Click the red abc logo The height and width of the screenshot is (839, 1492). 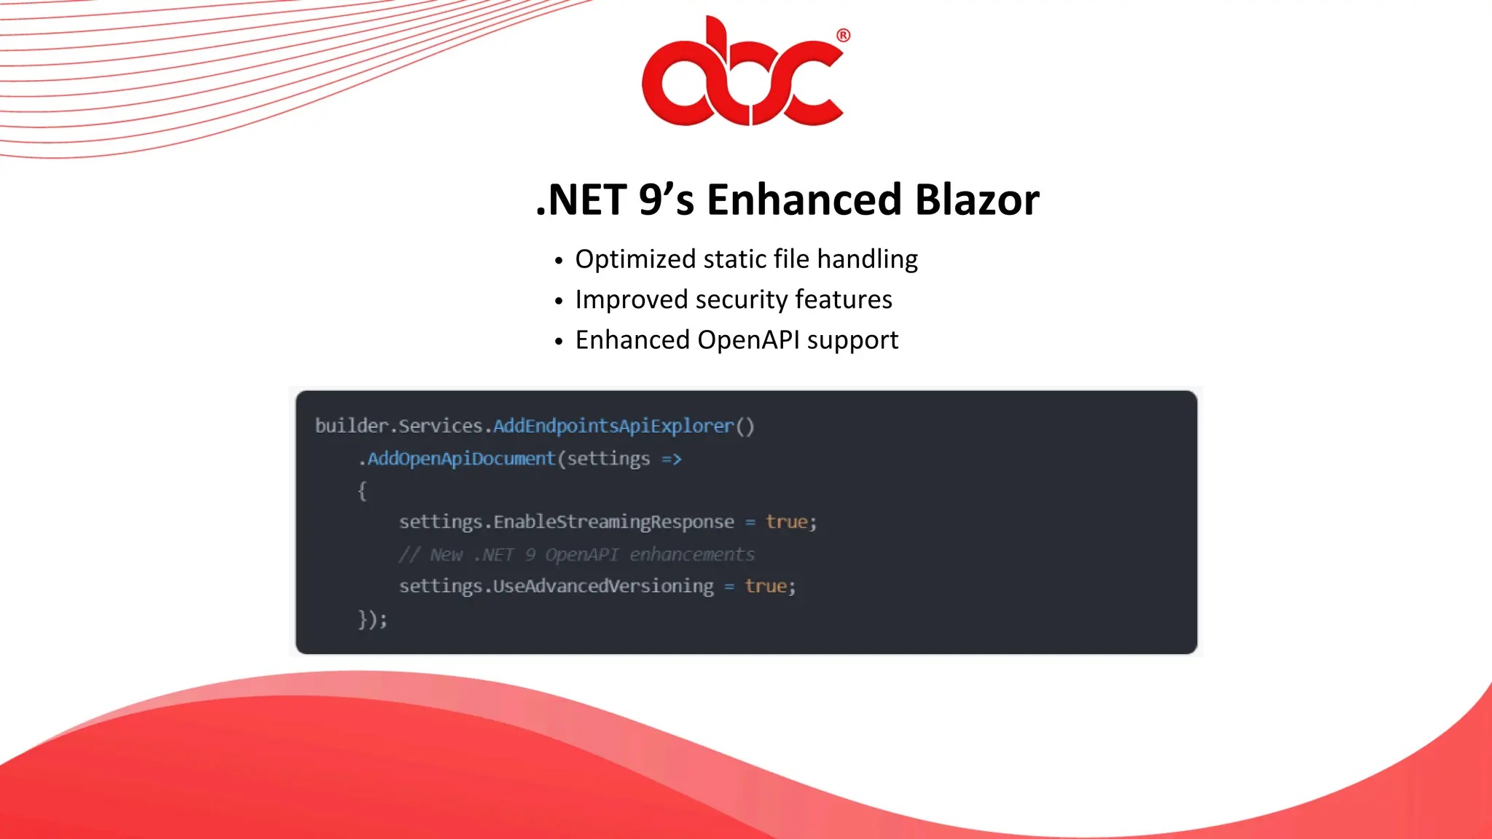pyautogui.click(x=742, y=73)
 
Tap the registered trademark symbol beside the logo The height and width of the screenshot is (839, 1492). pyautogui.click(x=843, y=36)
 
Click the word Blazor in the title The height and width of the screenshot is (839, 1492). pyautogui.click(x=977, y=200)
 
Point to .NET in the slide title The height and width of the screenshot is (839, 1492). pyautogui.click(x=581, y=200)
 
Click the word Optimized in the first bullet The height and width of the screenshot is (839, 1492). pyautogui.click(x=635, y=259)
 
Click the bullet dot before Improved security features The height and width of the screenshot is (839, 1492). pyautogui.click(x=559, y=301)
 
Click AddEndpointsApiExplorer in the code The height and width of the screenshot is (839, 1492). pyautogui.click(x=613, y=425)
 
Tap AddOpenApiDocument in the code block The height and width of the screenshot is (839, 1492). pyautogui.click(x=461, y=458)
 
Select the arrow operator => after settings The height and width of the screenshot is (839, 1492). pyautogui.click(x=671, y=459)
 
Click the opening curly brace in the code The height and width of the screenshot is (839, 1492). pyautogui.click(x=362, y=491)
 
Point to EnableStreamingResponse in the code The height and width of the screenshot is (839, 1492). pyautogui.click(x=613, y=521)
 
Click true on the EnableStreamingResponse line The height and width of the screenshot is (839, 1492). pyautogui.click(x=786, y=521)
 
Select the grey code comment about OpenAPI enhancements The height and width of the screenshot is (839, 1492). pyautogui.click(x=576, y=554)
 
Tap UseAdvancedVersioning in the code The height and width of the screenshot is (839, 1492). pyautogui.click(x=603, y=586)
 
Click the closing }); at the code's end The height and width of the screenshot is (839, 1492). pyautogui.click(x=372, y=619)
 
